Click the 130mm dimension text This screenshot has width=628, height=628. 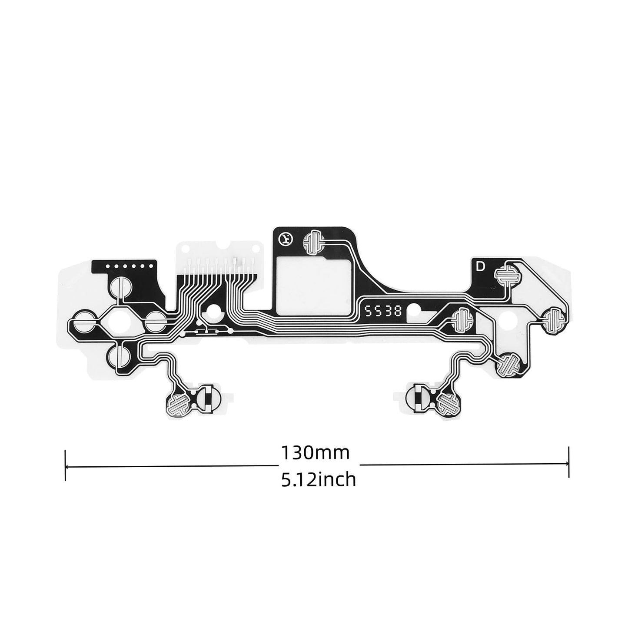coord(315,453)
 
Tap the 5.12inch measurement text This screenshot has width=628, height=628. coord(319,479)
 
